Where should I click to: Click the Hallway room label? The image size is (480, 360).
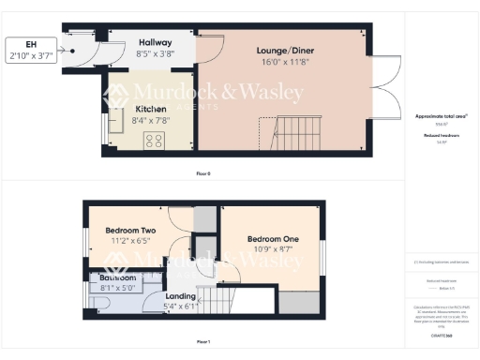155,42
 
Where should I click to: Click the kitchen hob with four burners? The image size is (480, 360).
153,141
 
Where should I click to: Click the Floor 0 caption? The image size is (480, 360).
203,174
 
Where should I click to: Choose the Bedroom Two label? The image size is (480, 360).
130,231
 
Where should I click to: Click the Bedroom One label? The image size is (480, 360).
273,239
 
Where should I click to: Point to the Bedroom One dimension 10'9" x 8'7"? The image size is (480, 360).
273,251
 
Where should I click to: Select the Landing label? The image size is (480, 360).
180,295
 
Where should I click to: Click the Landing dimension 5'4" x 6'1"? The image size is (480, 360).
180,307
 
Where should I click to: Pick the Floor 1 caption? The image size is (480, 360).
203,341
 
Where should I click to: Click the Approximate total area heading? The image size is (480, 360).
441,116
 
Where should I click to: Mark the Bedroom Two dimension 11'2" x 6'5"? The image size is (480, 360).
130,242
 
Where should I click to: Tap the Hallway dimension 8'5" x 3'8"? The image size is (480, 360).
155,54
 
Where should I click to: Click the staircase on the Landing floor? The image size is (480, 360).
217,300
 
